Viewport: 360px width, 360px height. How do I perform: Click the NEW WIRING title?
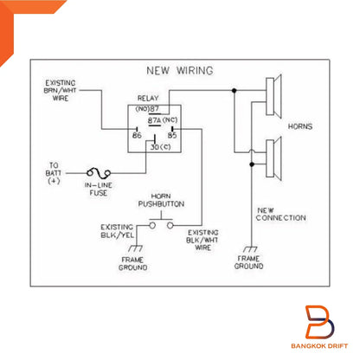coord(180,70)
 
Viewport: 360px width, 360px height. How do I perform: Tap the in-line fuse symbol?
coord(99,173)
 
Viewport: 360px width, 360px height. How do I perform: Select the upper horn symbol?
coord(273,96)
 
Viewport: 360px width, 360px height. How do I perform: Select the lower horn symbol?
coord(273,158)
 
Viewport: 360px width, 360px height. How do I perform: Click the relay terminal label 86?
coord(137,135)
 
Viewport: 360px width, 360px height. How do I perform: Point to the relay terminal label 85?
coord(172,135)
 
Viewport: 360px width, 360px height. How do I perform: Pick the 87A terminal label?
coord(154,120)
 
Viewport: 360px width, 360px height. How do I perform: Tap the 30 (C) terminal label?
coord(160,147)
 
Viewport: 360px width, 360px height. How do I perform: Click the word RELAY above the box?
coord(148,99)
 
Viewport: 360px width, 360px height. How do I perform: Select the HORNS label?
coord(300,126)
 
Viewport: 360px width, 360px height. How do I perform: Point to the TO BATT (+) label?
coord(54,173)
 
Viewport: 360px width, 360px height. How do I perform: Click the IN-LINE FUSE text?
coord(99,189)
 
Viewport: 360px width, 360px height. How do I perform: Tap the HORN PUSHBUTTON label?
coord(161,200)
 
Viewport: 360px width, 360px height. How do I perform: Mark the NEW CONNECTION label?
coord(280,215)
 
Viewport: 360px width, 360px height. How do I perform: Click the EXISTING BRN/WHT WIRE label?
coord(61,91)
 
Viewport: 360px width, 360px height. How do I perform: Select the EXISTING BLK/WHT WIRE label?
coord(202,240)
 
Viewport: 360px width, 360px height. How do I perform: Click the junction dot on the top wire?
coord(234,91)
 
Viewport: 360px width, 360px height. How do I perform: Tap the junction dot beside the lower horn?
coord(252,164)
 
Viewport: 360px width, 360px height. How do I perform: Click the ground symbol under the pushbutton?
coord(136,248)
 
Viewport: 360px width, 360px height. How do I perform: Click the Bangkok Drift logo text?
coord(319,346)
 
